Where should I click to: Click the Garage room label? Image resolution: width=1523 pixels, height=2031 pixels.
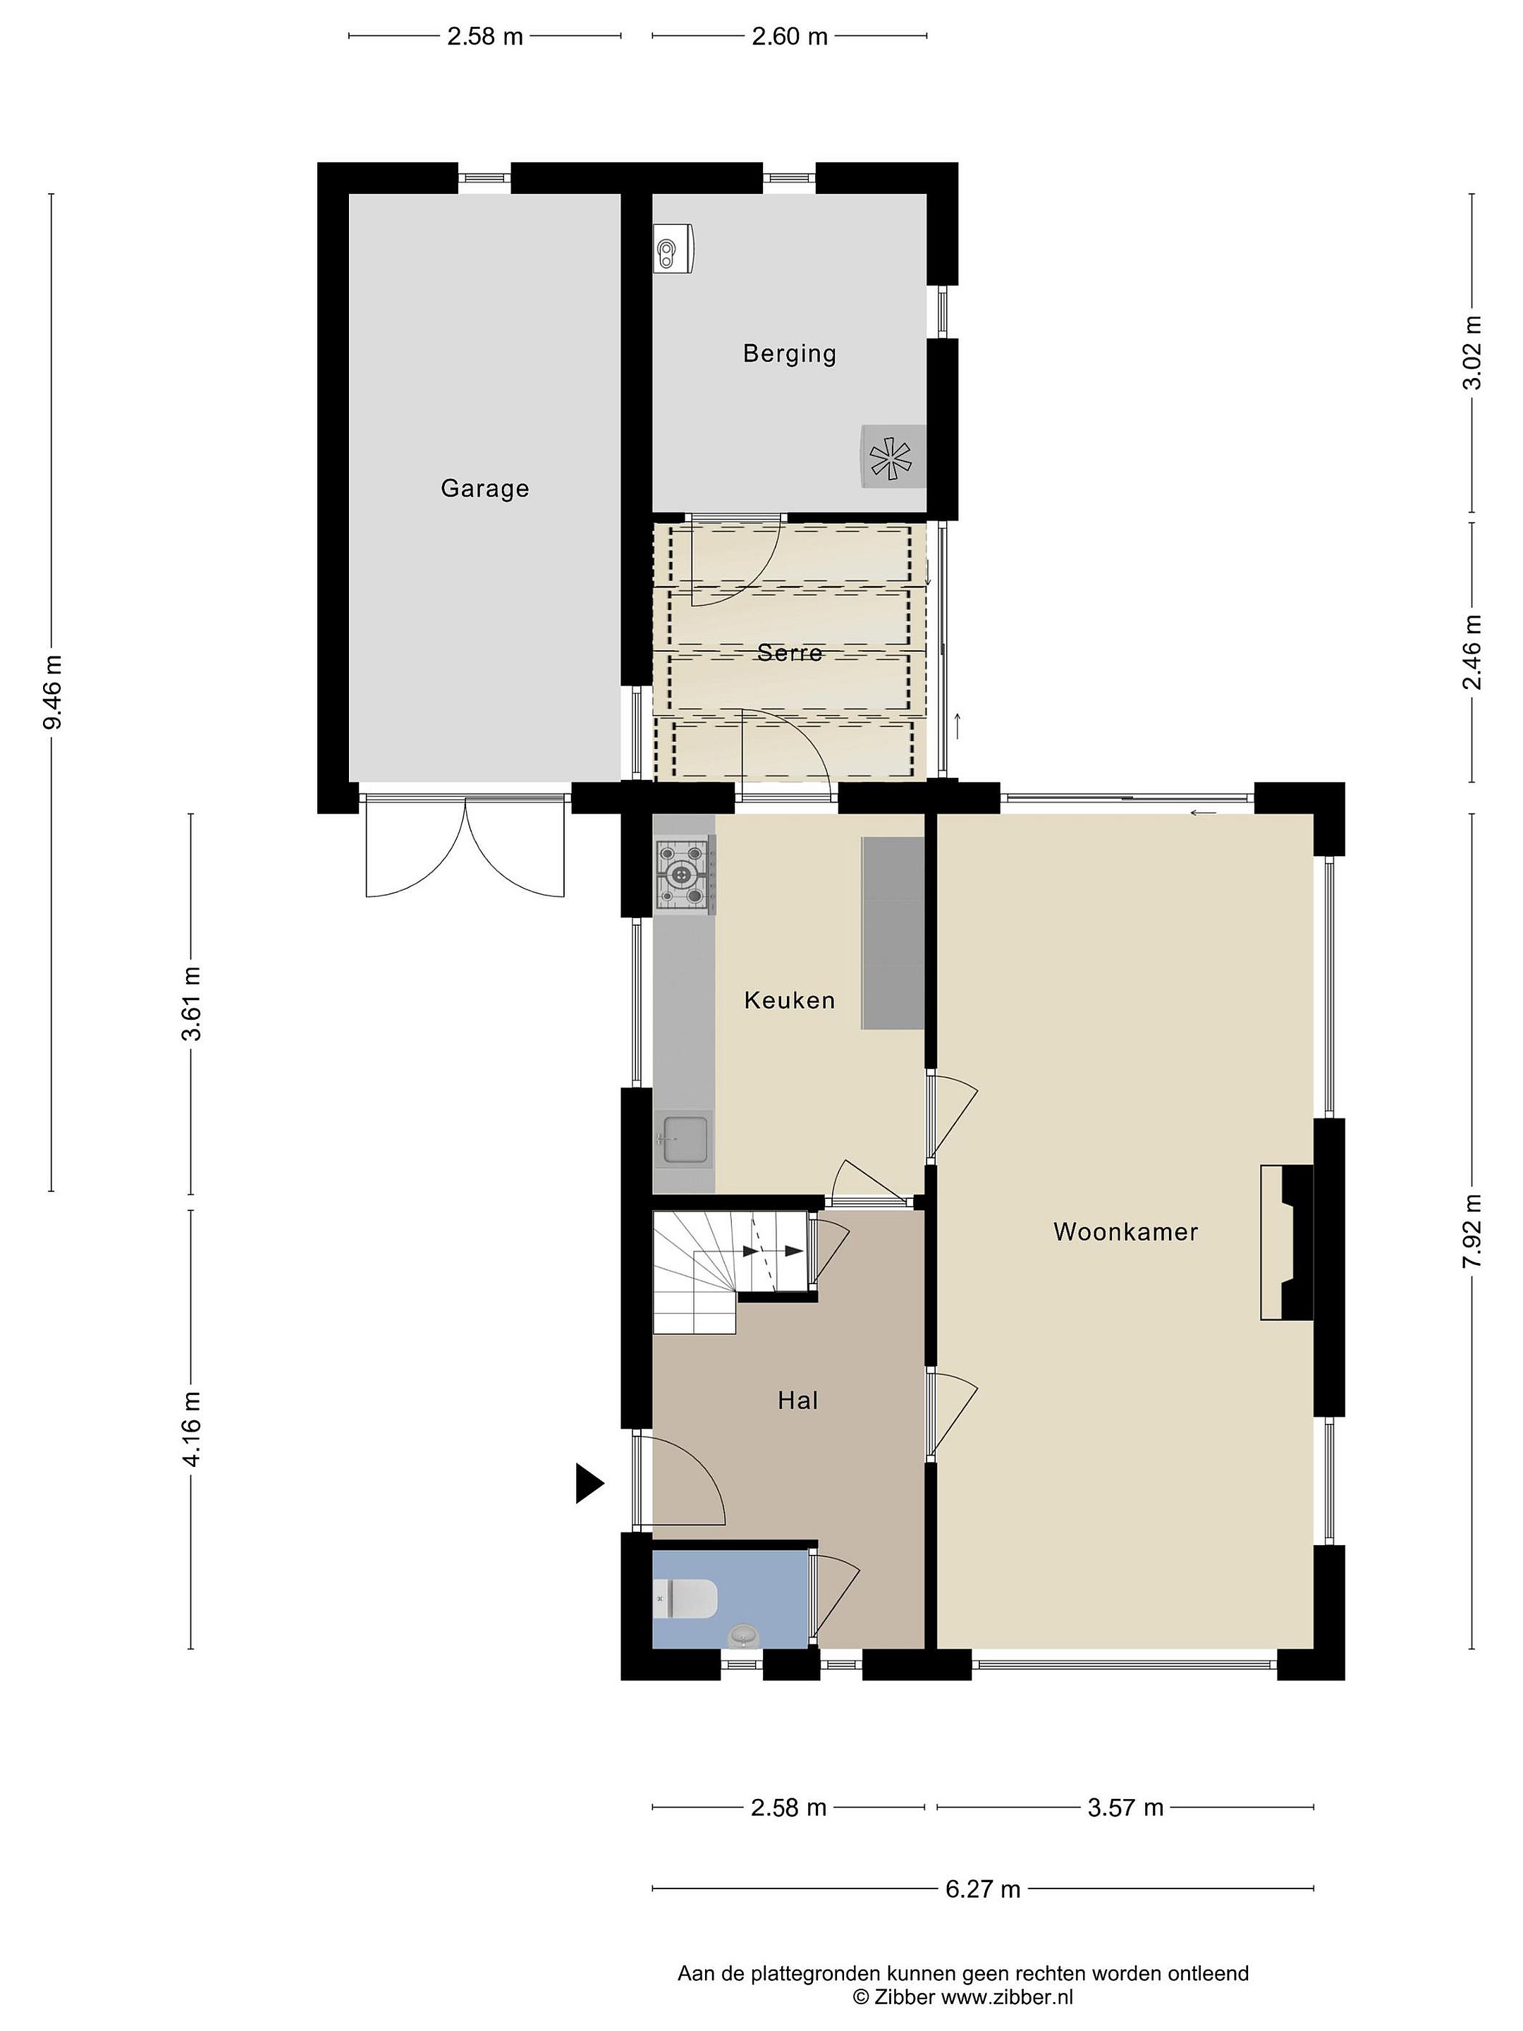tap(484, 489)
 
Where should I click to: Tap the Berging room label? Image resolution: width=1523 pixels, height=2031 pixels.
tap(790, 353)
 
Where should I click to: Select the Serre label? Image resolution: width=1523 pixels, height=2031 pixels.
tap(790, 653)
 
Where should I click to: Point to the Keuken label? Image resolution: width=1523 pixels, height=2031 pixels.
tap(790, 1000)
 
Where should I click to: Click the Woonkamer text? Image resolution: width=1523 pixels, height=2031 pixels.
tap(1125, 1231)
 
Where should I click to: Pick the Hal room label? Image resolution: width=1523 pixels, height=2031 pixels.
tap(797, 1401)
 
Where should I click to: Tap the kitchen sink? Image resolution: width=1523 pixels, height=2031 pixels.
tap(684, 1140)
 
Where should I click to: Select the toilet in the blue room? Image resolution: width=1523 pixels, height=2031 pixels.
tap(685, 1599)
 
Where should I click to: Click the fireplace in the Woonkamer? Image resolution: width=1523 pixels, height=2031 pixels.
tap(1287, 1243)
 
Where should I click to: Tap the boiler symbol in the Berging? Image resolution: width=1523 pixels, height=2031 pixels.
tap(675, 248)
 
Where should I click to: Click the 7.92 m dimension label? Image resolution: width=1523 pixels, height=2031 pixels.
tap(1472, 1231)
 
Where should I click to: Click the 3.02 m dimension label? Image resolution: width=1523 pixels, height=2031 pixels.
tap(1472, 353)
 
